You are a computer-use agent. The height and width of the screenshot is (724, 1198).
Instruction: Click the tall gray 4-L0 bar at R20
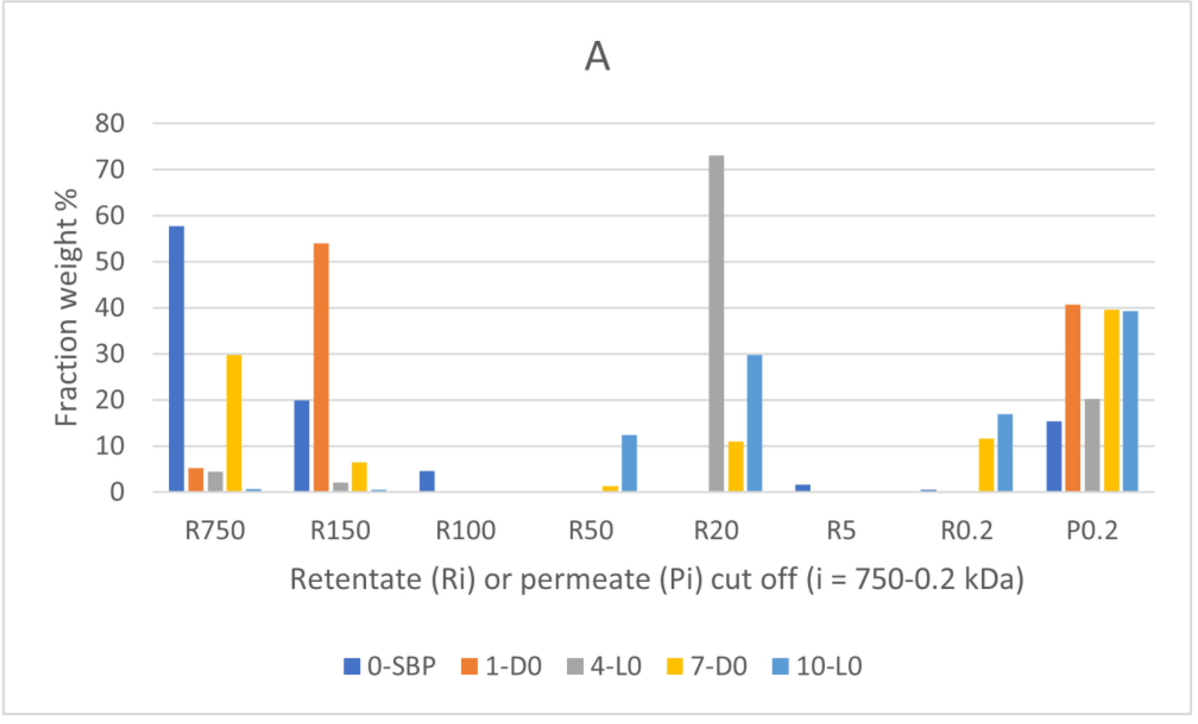(716, 323)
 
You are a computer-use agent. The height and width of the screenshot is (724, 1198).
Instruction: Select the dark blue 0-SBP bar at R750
(177, 359)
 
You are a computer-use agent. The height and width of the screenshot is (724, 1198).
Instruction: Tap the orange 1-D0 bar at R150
(321, 367)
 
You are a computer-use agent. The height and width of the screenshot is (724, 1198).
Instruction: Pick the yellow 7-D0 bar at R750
(234, 423)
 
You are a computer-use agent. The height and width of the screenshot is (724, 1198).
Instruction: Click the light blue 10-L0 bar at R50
(629, 463)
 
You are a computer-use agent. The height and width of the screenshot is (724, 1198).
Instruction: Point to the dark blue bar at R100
(427, 481)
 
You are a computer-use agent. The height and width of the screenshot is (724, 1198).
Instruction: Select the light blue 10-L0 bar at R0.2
(1005, 453)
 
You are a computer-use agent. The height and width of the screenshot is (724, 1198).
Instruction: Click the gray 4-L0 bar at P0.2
(1092, 445)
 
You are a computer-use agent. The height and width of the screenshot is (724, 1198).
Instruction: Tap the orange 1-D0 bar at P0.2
(1072, 398)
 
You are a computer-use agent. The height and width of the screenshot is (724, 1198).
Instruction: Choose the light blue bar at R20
(754, 423)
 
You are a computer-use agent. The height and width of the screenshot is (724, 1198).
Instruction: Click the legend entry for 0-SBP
(389, 666)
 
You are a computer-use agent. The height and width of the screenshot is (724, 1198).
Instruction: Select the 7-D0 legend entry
(707, 666)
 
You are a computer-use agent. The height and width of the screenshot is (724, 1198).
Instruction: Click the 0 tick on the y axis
(117, 493)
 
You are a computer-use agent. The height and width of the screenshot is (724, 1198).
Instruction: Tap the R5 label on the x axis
(841, 530)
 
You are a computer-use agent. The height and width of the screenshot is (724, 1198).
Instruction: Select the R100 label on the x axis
(465, 530)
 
